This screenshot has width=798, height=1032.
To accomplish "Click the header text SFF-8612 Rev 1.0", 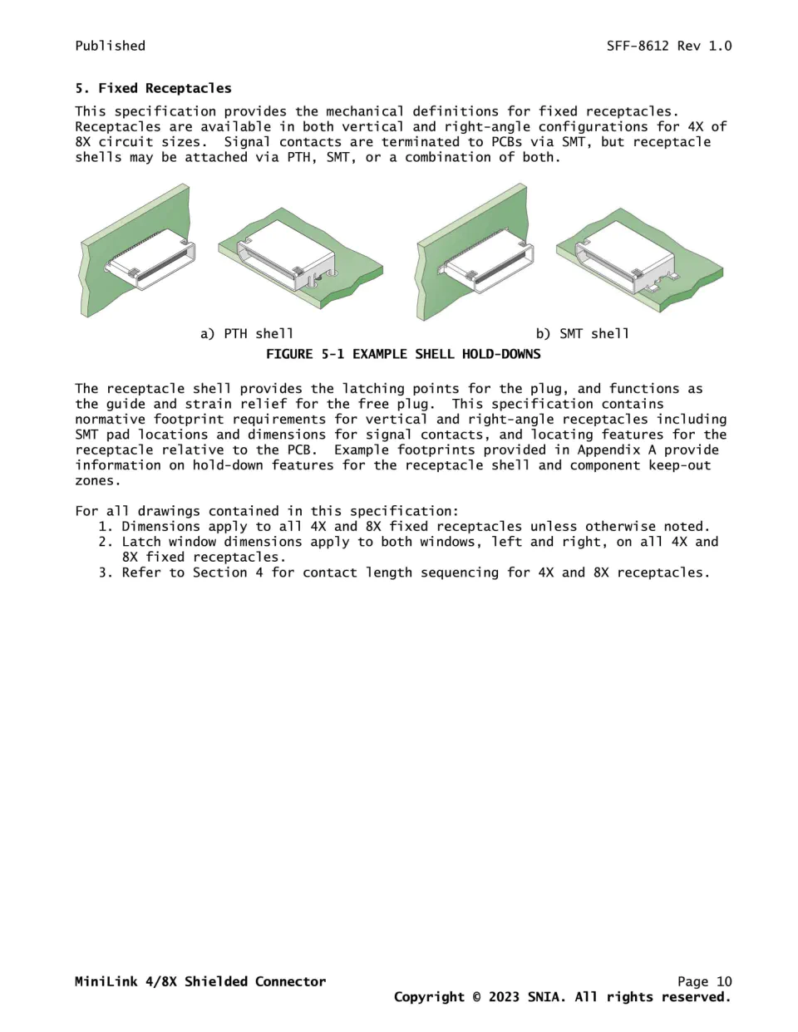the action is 669,46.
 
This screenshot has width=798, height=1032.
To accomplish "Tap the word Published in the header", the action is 111,46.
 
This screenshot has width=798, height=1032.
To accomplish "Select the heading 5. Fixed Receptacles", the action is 154,88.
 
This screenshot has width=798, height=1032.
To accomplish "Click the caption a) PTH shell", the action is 247,334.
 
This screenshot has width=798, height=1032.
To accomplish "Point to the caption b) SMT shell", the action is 583,334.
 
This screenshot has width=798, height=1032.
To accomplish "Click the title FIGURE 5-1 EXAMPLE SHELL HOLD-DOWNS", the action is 403,354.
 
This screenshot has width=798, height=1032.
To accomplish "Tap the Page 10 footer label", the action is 704,981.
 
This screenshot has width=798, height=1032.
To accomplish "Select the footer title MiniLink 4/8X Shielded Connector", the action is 200,981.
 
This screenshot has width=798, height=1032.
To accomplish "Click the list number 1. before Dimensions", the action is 106,527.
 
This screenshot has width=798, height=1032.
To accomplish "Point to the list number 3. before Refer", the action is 106,573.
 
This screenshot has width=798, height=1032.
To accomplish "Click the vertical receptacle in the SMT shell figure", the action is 486,262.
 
